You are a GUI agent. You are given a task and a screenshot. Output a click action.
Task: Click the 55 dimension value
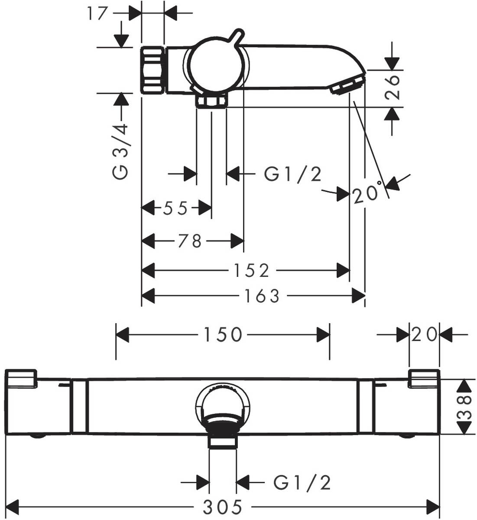(175, 208)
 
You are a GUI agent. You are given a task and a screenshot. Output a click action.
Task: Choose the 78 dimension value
(190, 240)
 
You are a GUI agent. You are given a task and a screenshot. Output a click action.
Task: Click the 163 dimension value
(261, 296)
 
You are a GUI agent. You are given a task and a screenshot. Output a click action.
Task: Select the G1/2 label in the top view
(293, 175)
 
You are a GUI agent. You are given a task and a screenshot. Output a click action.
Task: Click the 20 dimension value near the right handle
(425, 334)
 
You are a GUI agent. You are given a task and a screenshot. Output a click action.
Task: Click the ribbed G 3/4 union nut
(153, 70)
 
